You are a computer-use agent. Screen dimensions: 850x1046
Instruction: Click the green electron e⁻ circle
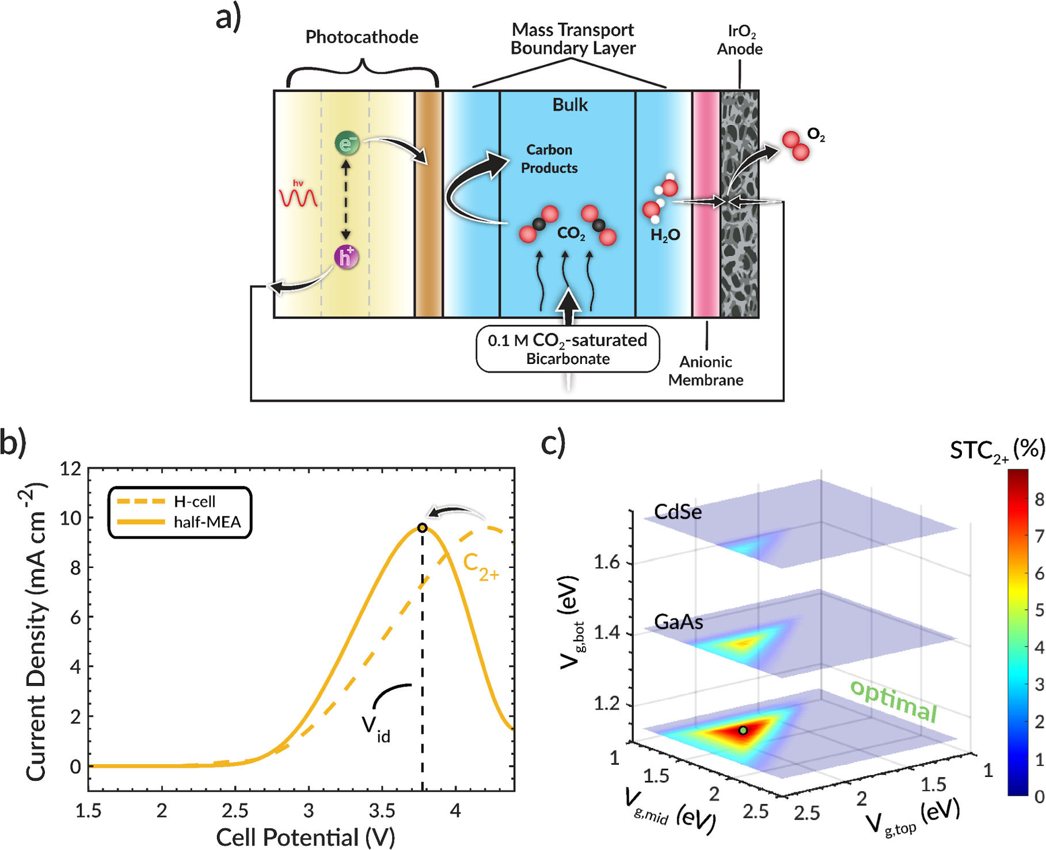347,143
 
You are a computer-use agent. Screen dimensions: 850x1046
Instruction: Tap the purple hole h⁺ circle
346,257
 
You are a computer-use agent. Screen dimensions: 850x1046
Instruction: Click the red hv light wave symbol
298,196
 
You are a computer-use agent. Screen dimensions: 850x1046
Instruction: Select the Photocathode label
362,37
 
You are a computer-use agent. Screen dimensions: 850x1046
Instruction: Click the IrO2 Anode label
740,40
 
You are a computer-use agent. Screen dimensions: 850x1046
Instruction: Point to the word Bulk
570,105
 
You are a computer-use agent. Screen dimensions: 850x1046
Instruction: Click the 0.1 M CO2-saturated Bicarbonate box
568,350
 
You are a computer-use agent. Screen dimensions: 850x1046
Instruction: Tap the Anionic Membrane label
706,371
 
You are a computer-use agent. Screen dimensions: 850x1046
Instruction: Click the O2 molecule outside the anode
796,146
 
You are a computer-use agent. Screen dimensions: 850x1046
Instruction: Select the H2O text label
665,235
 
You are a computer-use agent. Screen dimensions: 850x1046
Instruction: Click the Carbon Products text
549,159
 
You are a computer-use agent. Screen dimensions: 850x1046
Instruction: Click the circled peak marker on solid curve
422,528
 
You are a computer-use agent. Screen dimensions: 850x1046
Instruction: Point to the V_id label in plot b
376,727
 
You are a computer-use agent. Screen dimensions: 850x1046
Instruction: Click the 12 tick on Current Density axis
71,469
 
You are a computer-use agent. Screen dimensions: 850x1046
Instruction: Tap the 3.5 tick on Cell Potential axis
382,811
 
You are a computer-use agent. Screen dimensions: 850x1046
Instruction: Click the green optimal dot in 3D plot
743,730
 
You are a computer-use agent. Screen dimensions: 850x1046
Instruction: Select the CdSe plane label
678,511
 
